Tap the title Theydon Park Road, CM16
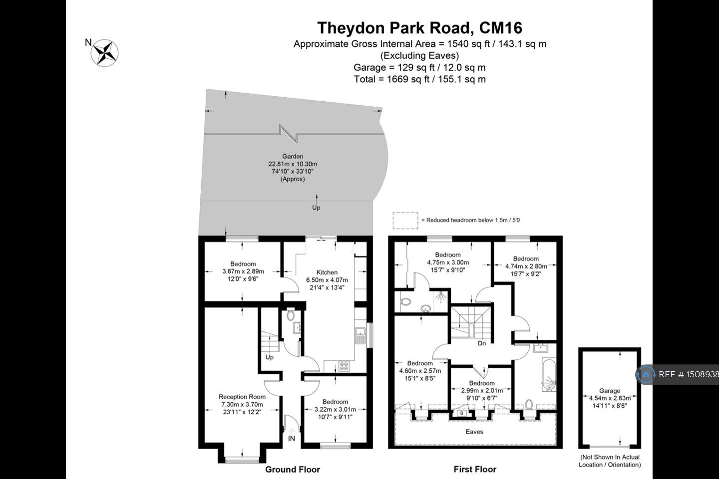point(419,27)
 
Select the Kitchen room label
point(327,272)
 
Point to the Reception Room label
point(242,397)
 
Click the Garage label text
point(610,391)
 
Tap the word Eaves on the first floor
point(474,432)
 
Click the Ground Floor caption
point(292,470)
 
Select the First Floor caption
point(475,470)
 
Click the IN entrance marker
point(292,439)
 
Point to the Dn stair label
point(482,343)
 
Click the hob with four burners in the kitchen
point(344,366)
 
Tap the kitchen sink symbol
point(360,335)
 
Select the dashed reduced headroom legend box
point(405,220)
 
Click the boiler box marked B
point(461,413)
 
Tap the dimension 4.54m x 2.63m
point(610,398)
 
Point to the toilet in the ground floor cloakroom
point(291,315)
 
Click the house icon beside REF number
point(646,374)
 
